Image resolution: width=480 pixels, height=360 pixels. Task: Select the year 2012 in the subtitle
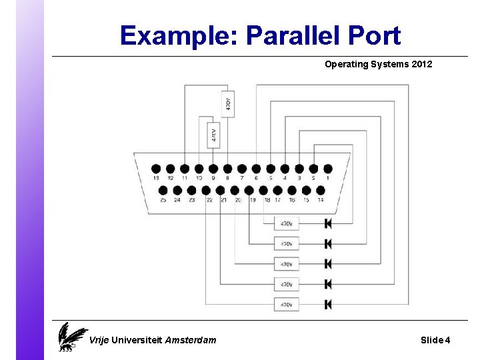tap(421, 65)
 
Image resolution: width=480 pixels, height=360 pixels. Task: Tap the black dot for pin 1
tap(327, 169)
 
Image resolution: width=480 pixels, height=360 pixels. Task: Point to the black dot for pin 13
tap(156, 169)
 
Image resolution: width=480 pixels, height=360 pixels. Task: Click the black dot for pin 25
tap(163, 190)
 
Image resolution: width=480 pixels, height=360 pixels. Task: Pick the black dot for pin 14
tap(321, 190)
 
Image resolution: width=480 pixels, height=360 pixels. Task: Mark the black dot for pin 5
tap(271, 169)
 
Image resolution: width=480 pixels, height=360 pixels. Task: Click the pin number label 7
tap(242, 179)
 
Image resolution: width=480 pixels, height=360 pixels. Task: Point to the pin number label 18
tap(267, 199)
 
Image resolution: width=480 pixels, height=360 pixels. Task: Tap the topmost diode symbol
tap(328, 223)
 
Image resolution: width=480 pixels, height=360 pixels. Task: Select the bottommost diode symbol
tap(328, 304)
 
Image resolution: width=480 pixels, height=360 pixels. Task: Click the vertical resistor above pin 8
tap(227, 104)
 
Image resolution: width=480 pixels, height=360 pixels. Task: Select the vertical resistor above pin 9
tap(213, 135)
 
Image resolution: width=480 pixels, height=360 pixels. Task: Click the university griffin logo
tap(71, 337)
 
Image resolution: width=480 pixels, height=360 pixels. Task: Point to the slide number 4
tap(447, 340)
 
